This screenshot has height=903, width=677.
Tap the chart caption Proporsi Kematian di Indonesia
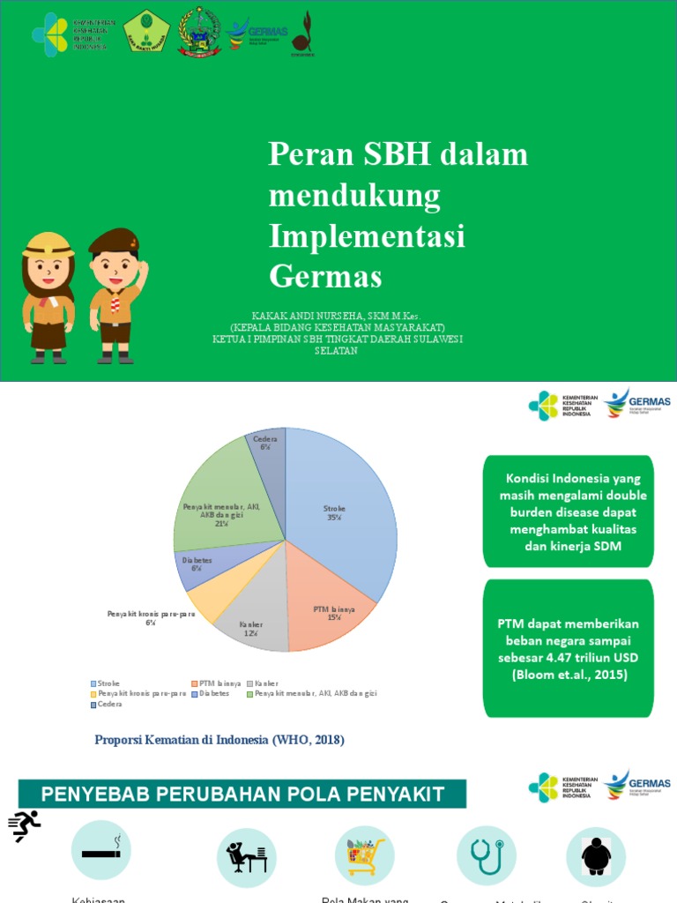pyautogui.click(x=219, y=740)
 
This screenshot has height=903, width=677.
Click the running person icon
pyautogui.click(x=25, y=826)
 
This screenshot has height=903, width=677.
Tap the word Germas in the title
pyautogui.click(x=325, y=276)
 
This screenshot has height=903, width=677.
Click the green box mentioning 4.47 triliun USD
pyautogui.click(x=569, y=648)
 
